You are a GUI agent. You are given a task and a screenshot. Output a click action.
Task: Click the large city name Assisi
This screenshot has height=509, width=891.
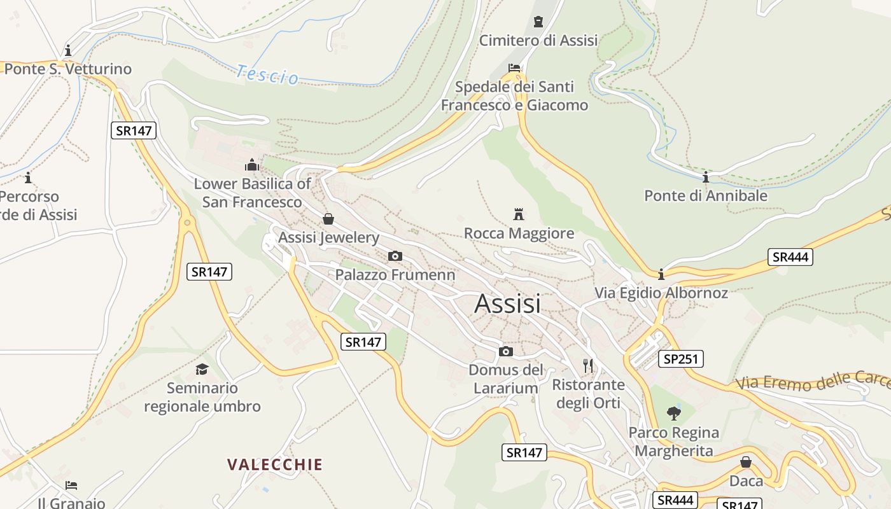507,303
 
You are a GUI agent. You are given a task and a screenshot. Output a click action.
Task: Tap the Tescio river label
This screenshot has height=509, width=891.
267,74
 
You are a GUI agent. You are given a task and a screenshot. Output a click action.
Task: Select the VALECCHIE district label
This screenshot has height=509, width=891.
275,464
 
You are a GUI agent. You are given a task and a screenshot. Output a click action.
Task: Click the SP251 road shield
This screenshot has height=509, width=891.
680,359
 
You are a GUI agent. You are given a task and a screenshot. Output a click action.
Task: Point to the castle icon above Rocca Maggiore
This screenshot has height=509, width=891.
519,214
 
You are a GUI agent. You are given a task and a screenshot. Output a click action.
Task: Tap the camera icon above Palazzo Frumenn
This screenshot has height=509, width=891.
395,256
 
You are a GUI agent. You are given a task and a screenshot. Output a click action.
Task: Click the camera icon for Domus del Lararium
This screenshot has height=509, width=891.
506,351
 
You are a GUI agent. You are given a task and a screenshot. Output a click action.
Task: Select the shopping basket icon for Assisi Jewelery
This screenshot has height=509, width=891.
328,219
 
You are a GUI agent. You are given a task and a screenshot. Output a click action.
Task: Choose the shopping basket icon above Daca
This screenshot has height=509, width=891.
745,462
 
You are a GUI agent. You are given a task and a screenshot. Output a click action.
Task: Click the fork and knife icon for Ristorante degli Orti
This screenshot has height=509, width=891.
588,366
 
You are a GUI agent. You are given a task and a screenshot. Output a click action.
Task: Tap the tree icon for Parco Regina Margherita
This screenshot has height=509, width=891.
673,414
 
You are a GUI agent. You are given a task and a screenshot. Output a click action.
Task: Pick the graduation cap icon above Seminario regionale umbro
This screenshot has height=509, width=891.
202,369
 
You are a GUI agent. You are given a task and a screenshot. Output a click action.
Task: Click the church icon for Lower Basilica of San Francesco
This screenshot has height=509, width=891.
252,165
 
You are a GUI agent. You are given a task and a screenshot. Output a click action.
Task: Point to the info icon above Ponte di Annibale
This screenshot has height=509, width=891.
705,177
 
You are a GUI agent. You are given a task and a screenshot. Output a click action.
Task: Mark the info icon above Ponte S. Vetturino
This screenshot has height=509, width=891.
68,50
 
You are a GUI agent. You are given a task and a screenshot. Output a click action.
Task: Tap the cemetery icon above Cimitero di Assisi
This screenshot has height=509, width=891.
538,22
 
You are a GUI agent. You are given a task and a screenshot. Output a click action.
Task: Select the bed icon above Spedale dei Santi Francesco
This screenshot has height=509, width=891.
514,67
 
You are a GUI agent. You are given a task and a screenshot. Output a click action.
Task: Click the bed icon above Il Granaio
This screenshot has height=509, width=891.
71,485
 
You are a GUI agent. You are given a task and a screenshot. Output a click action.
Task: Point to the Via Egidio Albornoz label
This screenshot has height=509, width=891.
661,293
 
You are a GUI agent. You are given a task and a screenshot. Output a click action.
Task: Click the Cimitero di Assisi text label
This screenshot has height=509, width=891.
538,41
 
